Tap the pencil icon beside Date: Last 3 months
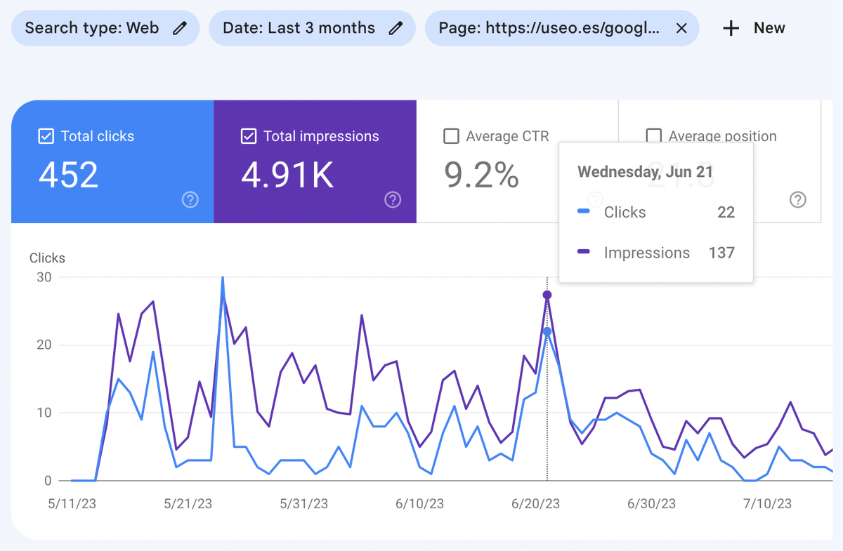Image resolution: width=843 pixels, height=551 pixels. click(x=396, y=28)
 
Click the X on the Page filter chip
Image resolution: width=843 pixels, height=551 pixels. click(x=681, y=28)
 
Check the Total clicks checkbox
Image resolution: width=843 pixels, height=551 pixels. click(x=46, y=136)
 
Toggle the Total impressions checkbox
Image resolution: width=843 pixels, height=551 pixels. click(x=248, y=136)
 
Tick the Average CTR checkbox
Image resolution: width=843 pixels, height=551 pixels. click(x=452, y=136)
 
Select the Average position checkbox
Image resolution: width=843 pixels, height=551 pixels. click(x=653, y=135)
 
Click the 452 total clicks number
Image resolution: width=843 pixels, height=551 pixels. click(x=68, y=175)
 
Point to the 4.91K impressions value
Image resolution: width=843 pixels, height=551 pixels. click(x=287, y=175)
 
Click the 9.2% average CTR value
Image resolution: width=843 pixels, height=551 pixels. click(x=481, y=175)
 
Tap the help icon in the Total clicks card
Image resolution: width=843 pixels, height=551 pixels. click(x=190, y=200)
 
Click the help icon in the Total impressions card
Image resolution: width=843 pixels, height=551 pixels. click(x=393, y=200)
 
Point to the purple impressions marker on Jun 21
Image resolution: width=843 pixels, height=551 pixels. click(x=547, y=295)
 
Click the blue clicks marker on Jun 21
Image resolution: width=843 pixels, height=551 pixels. click(x=547, y=331)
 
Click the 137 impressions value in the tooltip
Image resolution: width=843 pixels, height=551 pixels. click(x=721, y=253)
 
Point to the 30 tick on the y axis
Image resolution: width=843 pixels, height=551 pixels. click(x=44, y=277)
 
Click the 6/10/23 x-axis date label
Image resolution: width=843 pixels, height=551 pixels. click(x=419, y=504)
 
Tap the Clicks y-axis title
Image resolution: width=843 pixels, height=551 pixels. click(x=47, y=258)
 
